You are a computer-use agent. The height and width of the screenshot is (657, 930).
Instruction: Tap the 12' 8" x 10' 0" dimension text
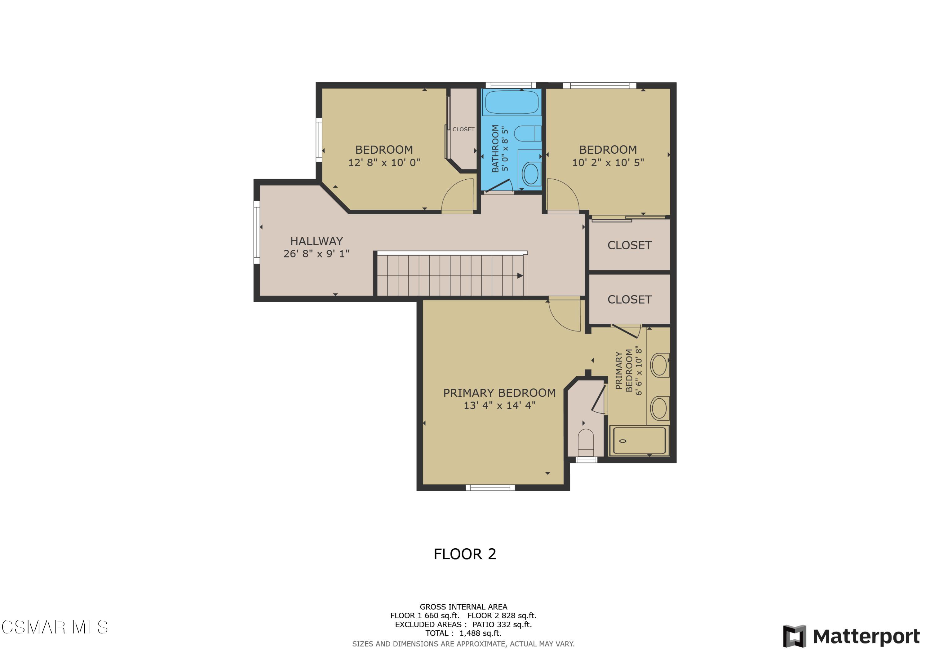click(384, 162)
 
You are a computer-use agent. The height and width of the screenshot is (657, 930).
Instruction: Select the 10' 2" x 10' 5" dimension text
click(608, 162)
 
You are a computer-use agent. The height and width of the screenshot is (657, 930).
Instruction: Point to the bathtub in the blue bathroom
click(511, 103)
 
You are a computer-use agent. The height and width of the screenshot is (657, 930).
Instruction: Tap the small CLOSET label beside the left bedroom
click(463, 129)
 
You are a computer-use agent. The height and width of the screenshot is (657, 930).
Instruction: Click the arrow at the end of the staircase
click(520, 276)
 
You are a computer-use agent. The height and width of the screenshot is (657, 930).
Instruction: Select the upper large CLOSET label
click(629, 245)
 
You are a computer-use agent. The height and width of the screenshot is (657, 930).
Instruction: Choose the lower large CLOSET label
click(629, 300)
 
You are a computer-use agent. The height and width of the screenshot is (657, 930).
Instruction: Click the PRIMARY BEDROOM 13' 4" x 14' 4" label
click(499, 399)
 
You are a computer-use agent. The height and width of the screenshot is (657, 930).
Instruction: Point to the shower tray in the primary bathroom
click(640, 440)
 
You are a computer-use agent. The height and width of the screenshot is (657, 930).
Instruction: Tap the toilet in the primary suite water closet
click(586, 442)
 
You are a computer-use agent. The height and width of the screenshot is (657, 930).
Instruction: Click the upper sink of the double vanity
click(659, 365)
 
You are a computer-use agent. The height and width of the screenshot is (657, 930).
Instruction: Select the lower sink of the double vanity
click(659, 408)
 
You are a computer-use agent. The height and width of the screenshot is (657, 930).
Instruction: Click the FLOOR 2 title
click(465, 554)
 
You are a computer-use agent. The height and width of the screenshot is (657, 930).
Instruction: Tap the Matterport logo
click(851, 636)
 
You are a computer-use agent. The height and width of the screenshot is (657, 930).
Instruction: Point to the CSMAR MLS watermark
click(55, 627)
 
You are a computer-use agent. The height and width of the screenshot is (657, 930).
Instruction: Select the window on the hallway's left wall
click(256, 232)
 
